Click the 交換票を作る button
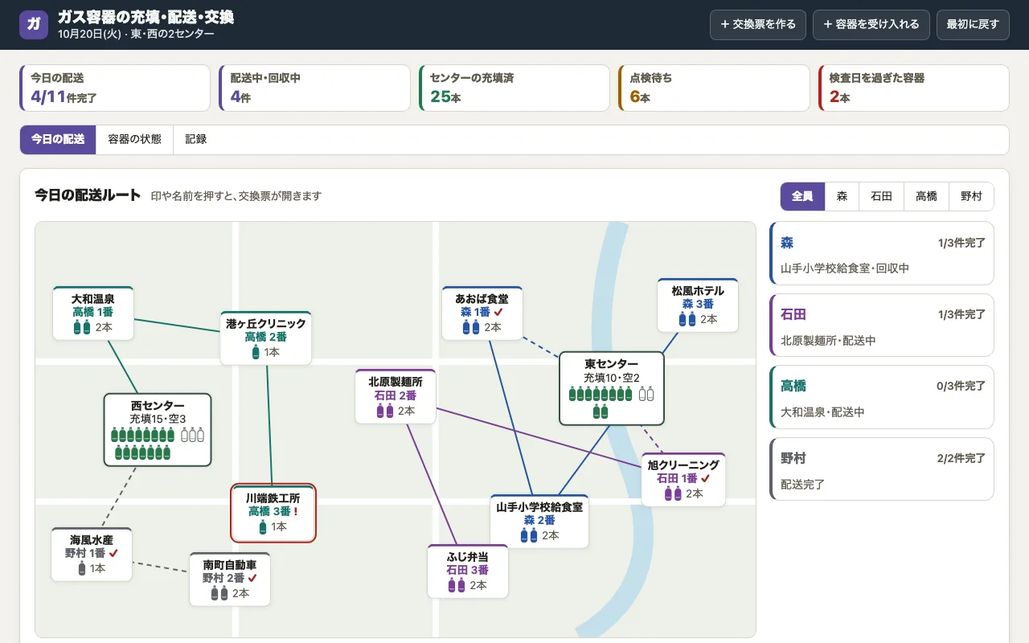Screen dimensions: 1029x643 tap(757, 24)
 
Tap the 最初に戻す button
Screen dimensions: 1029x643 tap(973, 24)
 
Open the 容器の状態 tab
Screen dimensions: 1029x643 tap(134, 139)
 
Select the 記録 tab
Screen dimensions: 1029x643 tap(195, 139)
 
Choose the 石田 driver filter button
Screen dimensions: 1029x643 tap(881, 196)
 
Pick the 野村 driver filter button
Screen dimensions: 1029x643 tap(971, 196)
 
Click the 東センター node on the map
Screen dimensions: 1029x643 tap(612, 388)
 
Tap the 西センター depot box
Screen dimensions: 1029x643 tap(158, 429)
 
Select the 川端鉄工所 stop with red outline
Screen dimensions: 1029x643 tap(273, 513)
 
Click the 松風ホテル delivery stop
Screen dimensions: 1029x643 tap(697, 305)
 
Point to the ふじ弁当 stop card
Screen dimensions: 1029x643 tap(468, 571)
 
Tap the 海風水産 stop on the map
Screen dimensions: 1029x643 tap(92, 555)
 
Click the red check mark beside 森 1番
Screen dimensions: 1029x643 tap(498, 313)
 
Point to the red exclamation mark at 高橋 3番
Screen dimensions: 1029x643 tap(296, 511)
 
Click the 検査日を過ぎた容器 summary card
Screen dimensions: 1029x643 tap(914, 88)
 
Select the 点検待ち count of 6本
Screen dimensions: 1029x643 tap(640, 96)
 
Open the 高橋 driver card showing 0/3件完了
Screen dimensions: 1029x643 tap(882, 397)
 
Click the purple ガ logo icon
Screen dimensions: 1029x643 tap(34, 24)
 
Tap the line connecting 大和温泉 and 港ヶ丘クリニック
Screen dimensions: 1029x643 tap(177, 326)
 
